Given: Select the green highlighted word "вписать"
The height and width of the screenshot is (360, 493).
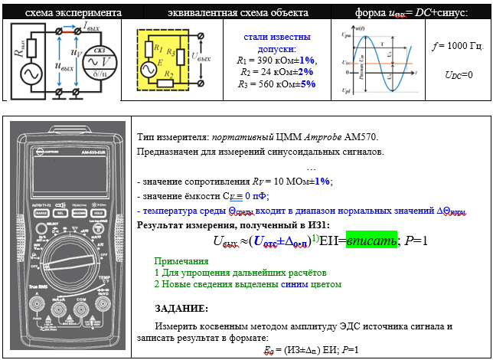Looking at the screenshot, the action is coord(371,241).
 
